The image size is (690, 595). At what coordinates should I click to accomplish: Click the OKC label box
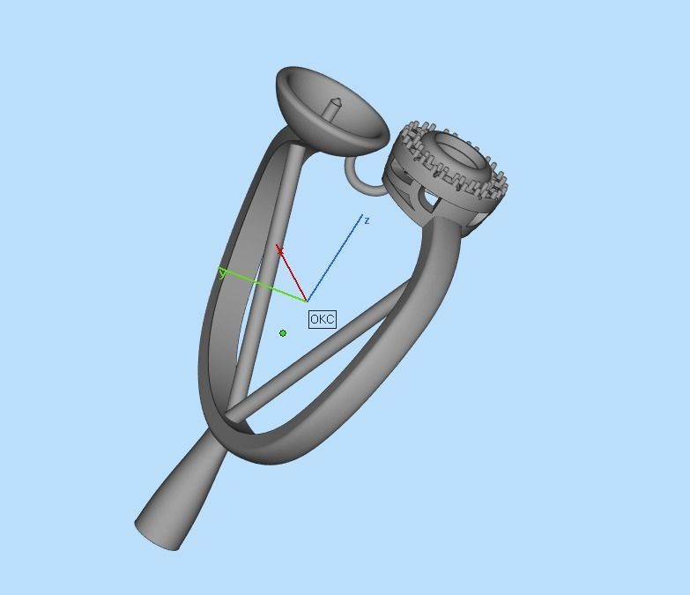323,319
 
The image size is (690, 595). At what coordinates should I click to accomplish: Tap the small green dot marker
283,333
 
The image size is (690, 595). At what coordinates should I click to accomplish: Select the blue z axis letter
367,220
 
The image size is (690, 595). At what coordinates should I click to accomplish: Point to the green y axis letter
222,274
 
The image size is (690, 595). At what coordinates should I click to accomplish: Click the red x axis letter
280,252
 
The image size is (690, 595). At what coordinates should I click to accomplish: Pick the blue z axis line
335,258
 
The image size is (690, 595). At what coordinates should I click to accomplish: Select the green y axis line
264,287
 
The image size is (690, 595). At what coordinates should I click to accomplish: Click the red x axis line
293,275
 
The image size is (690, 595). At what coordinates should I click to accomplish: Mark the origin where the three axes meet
308,301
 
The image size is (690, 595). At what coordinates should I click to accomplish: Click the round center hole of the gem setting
458,152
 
